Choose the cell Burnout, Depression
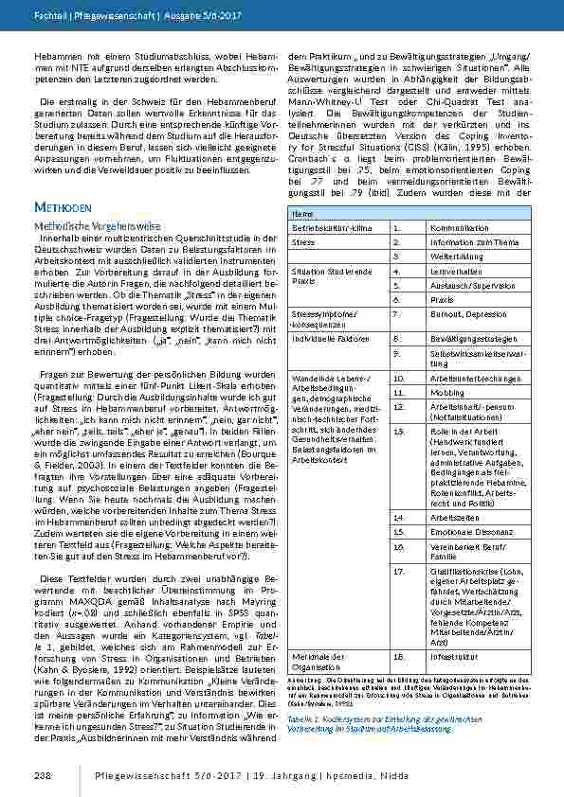pyautogui.click(x=456, y=310)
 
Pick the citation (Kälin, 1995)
pyautogui.click(x=468, y=147)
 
